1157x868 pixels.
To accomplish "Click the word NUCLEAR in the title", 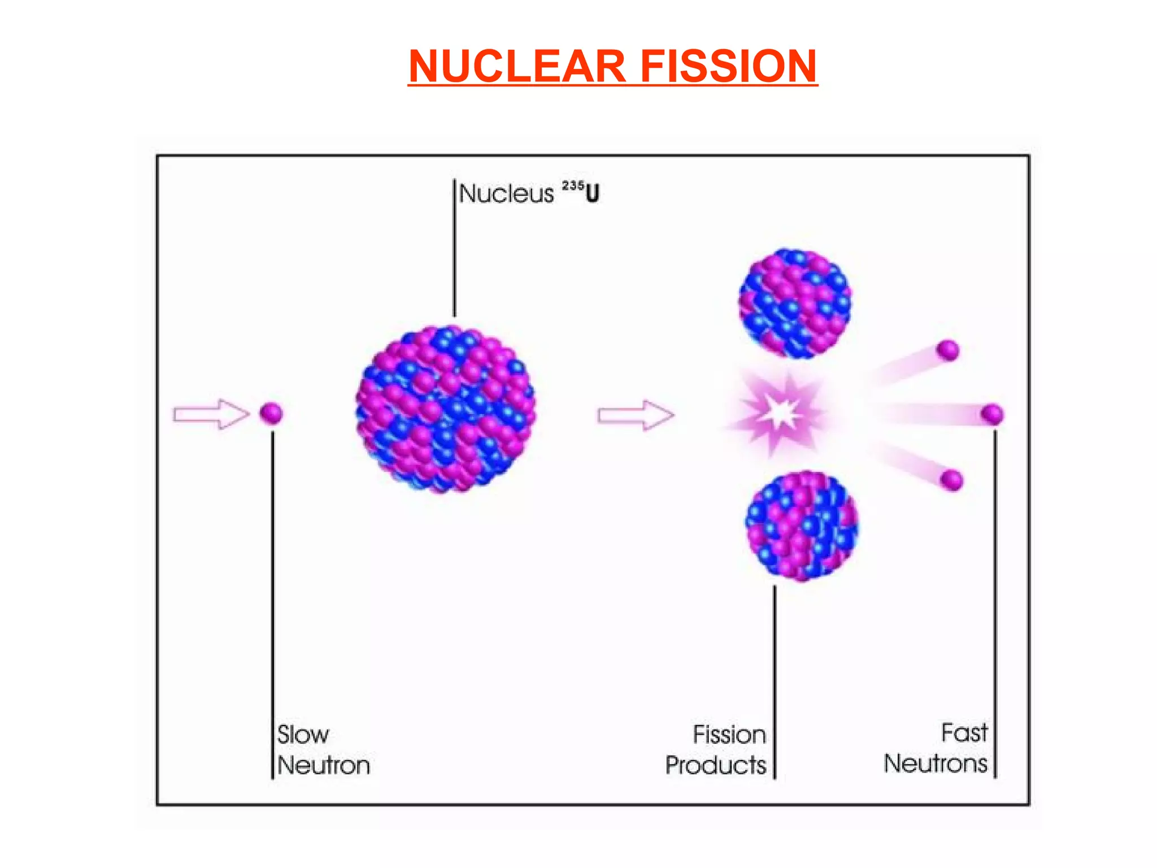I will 517,66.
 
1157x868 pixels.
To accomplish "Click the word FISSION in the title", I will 728,66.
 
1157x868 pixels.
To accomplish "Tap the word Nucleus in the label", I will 506,194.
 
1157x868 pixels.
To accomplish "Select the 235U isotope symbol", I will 580,192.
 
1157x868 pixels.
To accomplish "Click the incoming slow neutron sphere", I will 271,413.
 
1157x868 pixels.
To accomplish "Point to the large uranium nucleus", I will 445,409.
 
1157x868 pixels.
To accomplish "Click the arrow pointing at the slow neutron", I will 211,414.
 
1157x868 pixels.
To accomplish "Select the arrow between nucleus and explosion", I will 636,415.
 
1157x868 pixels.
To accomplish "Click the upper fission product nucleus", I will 795,303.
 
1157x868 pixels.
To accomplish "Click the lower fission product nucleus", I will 801,526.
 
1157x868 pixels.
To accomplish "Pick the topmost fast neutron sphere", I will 948,350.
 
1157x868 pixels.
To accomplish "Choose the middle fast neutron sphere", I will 992,414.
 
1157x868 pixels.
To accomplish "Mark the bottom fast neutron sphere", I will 952,480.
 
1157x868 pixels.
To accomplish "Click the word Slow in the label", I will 303,735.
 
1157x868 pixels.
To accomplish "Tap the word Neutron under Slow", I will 324,765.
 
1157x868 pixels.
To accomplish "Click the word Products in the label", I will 715,765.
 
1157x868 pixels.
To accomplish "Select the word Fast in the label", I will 964,733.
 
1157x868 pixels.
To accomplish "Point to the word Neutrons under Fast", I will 936,763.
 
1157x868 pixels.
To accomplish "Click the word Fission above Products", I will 729,735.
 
